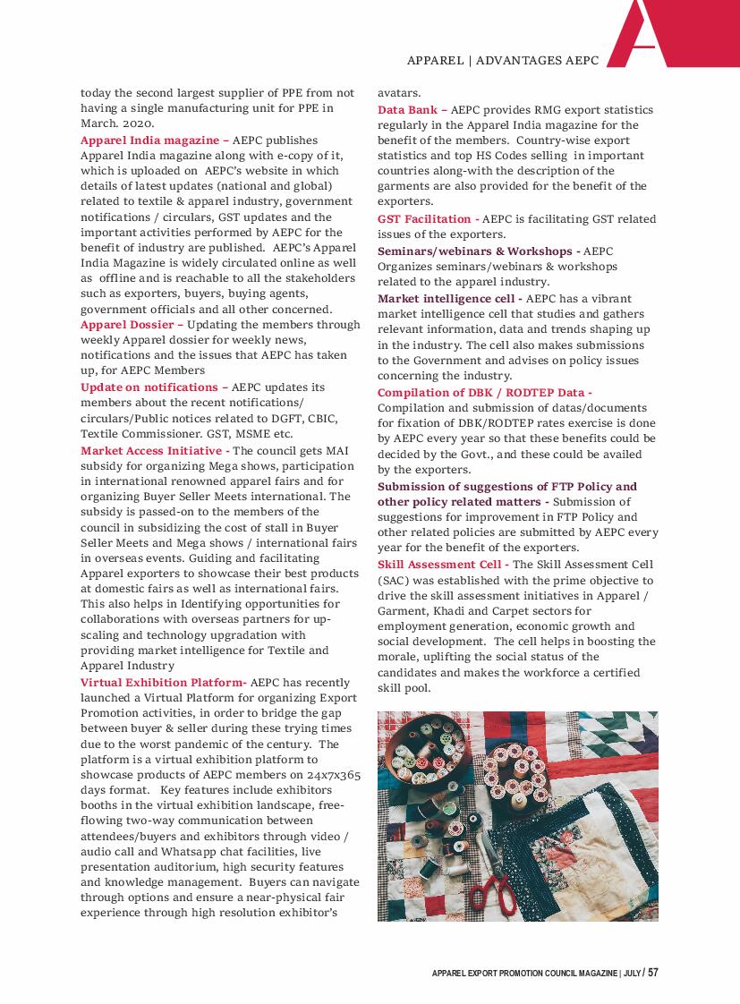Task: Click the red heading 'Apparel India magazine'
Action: (x=149, y=140)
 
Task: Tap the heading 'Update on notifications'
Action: (x=149, y=387)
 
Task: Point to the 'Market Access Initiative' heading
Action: (x=151, y=450)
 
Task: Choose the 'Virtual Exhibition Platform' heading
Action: (x=163, y=683)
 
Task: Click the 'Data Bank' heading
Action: (x=407, y=110)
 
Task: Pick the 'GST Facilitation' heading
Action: (x=424, y=219)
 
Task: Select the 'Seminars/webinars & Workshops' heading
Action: (x=475, y=251)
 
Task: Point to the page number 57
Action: (x=653, y=973)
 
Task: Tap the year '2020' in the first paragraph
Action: (x=138, y=124)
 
